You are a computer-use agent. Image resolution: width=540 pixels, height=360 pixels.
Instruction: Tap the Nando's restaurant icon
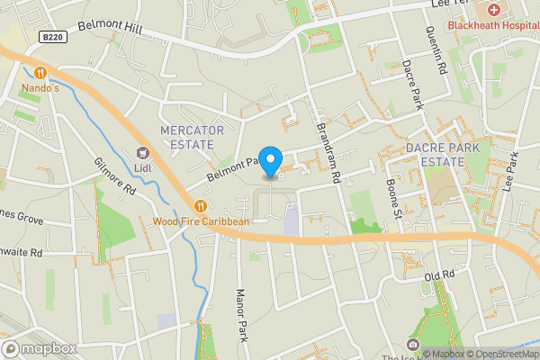pos(40,73)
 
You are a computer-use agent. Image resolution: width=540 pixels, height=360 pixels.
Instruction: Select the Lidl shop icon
pos(141,153)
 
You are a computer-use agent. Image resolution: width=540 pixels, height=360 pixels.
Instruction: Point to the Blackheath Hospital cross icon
pos(494,10)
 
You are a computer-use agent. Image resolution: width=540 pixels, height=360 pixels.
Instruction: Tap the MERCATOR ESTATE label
pos(187,137)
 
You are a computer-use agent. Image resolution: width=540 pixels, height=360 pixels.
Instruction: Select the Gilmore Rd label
pos(114,176)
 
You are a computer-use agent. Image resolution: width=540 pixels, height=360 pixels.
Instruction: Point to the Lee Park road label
pos(512,168)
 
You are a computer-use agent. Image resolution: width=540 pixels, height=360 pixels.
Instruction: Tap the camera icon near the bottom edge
pos(413,345)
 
